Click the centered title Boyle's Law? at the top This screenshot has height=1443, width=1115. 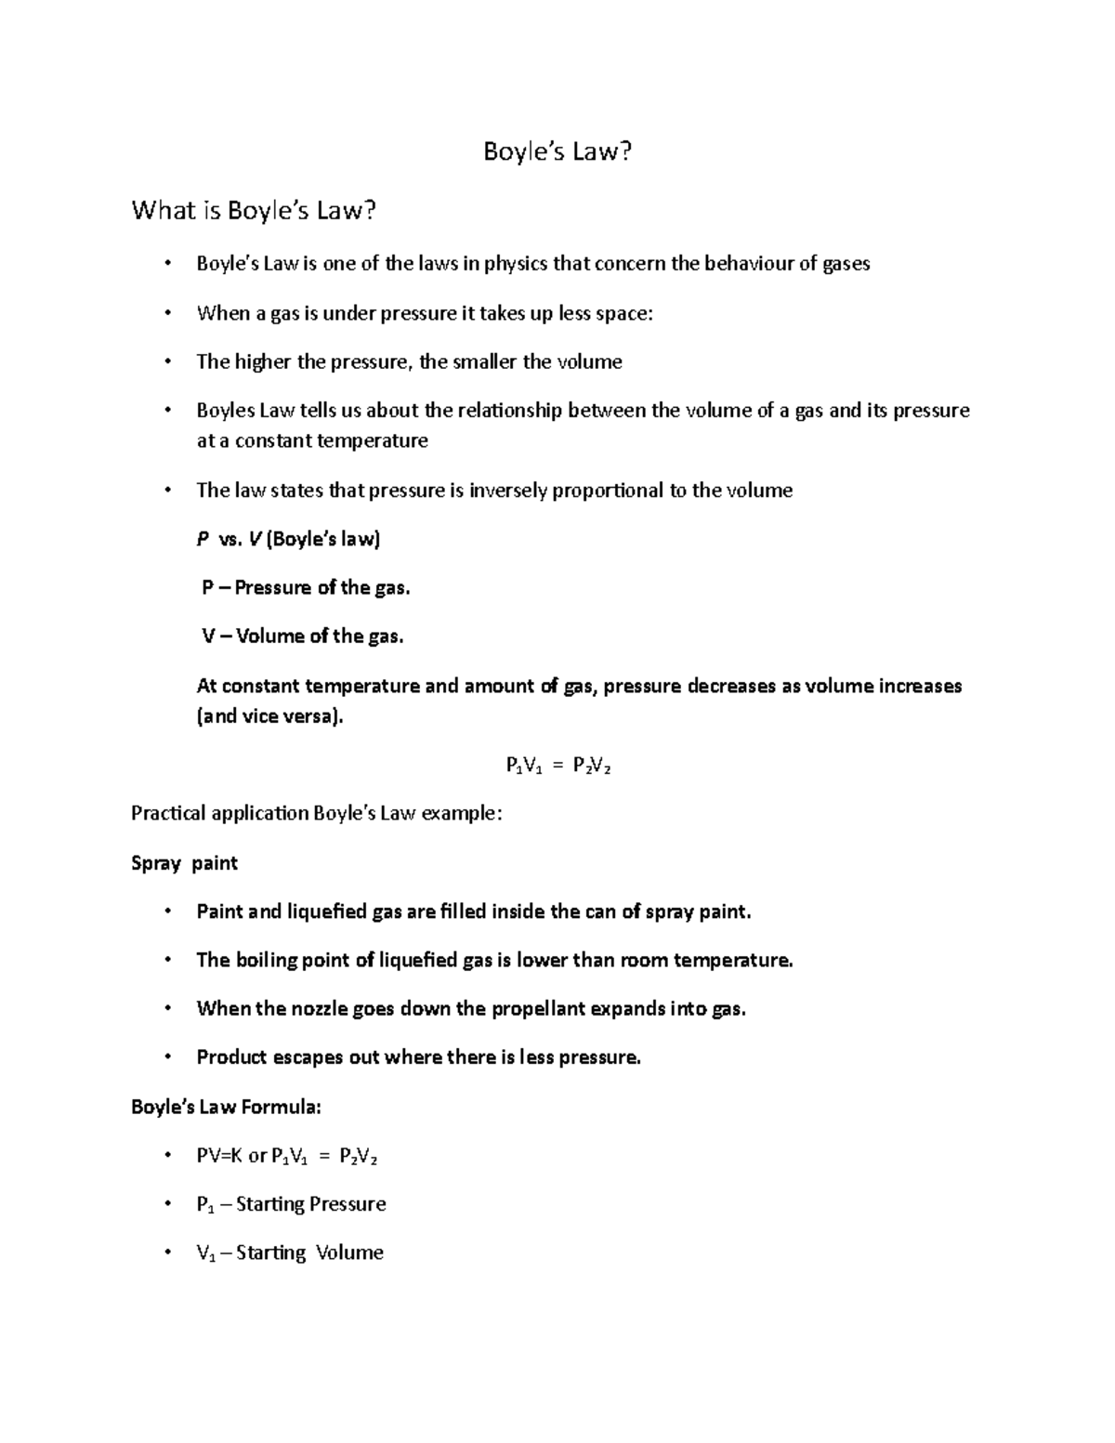pos(557,151)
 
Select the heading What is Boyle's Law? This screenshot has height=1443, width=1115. pos(255,211)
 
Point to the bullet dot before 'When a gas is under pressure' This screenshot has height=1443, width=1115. pos(167,313)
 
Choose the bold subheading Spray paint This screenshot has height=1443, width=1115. pos(184,863)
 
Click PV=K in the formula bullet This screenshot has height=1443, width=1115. pos(219,1157)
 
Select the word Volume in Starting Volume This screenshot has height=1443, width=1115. pos(349,1253)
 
